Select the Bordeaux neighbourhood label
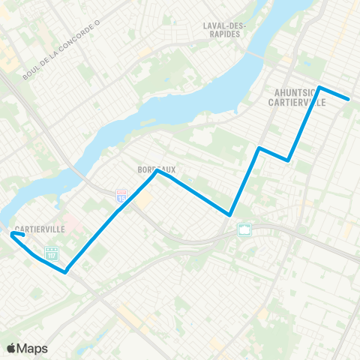[157, 170]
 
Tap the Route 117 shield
[52, 253]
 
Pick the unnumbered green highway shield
[244, 229]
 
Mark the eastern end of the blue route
[349, 99]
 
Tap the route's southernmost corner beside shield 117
[66, 272]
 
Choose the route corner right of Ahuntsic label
[320, 88]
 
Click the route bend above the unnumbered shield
[229, 214]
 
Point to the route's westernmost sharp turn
[11, 234]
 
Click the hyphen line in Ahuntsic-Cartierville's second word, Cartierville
[297, 103]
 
